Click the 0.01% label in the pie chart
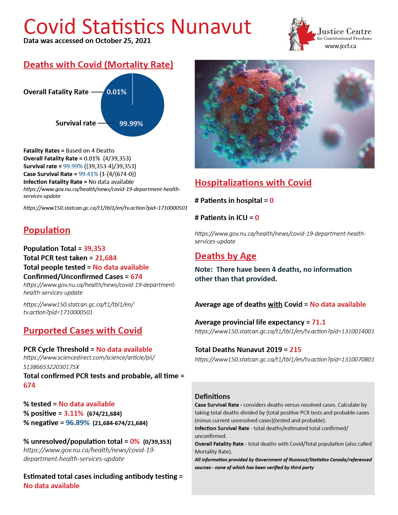point(116,92)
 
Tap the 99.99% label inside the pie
point(131,124)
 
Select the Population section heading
point(47,230)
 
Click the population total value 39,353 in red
point(94,249)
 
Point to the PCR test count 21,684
point(106,258)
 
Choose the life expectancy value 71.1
point(319,322)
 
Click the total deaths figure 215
point(295,350)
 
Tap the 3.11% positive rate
point(74,414)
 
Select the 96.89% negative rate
point(78,423)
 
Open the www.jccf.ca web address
point(340,46)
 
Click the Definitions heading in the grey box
point(212,397)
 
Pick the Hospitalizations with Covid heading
point(253,183)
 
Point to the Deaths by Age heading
point(225,256)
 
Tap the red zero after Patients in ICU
point(257,218)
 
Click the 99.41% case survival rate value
point(88,174)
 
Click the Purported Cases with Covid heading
point(83,331)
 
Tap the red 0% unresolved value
point(135,442)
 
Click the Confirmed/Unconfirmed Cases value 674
point(136,277)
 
